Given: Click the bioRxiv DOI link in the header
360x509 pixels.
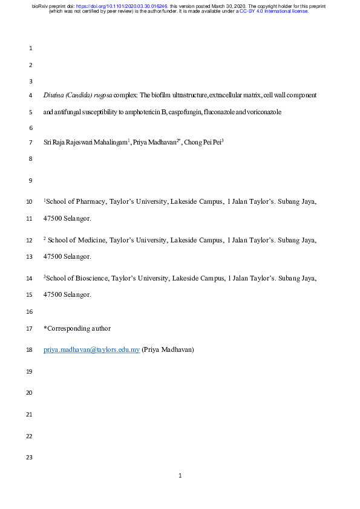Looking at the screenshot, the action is coord(121,5).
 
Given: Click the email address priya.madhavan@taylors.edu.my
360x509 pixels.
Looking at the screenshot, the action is coord(92,349).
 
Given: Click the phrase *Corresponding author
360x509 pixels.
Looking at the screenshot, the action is coord(77,328).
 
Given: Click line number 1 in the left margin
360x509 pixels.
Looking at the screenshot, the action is coord(30,48).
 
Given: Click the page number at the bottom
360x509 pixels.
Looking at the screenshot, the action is coord(180,476).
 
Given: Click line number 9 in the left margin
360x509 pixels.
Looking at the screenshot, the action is coord(30,181).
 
